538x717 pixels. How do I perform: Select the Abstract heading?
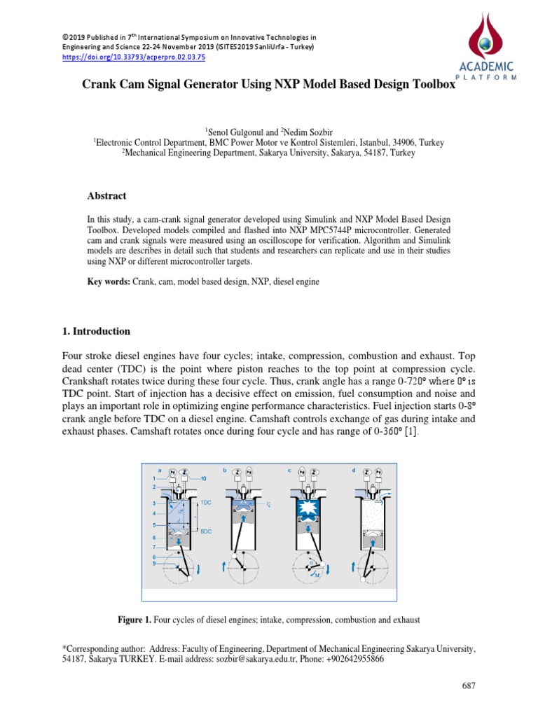click(x=106, y=196)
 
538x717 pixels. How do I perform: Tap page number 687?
click(x=469, y=685)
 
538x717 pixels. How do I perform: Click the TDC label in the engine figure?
click(x=206, y=503)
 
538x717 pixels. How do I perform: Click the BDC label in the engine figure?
click(x=206, y=531)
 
